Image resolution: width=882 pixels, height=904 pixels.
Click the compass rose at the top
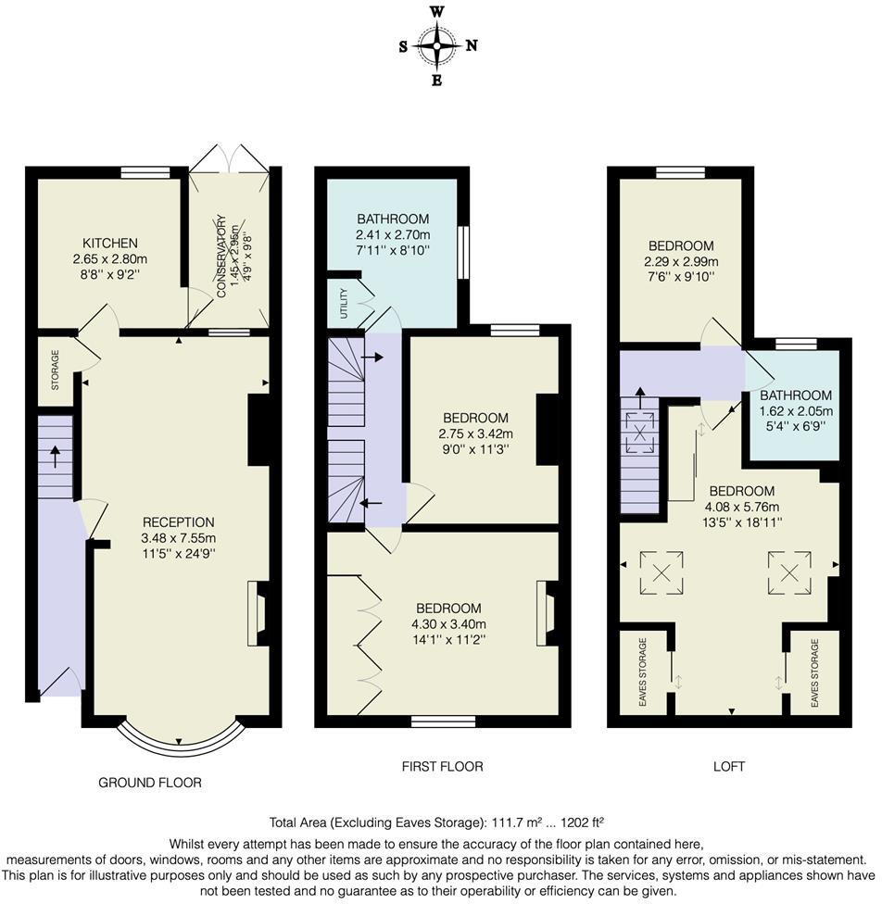(437, 45)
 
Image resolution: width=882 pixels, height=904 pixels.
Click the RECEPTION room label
(178, 521)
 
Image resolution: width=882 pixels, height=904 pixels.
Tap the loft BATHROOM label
(796, 395)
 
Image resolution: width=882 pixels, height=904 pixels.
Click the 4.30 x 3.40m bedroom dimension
(448, 623)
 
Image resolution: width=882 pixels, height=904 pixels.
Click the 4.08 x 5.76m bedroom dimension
(741, 506)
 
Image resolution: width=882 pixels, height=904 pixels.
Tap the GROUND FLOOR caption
(150, 783)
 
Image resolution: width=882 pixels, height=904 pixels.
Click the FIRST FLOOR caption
(442, 766)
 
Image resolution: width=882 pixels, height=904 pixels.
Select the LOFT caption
(728, 766)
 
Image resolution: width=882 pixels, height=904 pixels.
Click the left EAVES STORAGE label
(642, 673)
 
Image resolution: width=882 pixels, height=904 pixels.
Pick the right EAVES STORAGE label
(814, 673)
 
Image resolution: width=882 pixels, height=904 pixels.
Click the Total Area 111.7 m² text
(436, 822)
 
